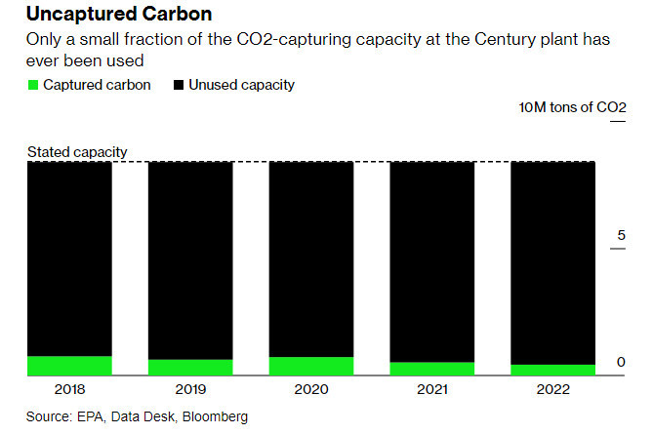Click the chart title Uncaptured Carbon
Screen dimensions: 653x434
[119, 14]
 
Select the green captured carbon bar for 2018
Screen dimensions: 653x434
[69, 366]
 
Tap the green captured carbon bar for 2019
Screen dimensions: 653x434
[190, 368]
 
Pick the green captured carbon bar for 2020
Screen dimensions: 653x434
[311, 366]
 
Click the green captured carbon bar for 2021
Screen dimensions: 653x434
[431, 369]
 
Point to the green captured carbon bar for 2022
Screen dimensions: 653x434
[552, 370]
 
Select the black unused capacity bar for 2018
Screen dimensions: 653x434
[69, 258]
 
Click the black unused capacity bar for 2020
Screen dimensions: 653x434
[311, 259]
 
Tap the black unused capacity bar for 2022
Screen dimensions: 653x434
[552, 263]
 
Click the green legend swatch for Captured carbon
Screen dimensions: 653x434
[33, 85]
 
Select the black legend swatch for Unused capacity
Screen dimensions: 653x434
[179, 85]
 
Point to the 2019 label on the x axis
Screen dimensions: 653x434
[190, 389]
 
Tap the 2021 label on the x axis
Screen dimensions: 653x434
[432, 389]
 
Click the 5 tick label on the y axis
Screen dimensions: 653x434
[621, 235]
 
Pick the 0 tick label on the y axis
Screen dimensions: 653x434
[621, 362]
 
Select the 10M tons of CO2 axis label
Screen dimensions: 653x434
[572, 107]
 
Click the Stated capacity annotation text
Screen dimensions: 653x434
[77, 152]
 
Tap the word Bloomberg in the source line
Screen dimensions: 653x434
[215, 416]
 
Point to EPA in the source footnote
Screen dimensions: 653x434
[91, 416]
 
